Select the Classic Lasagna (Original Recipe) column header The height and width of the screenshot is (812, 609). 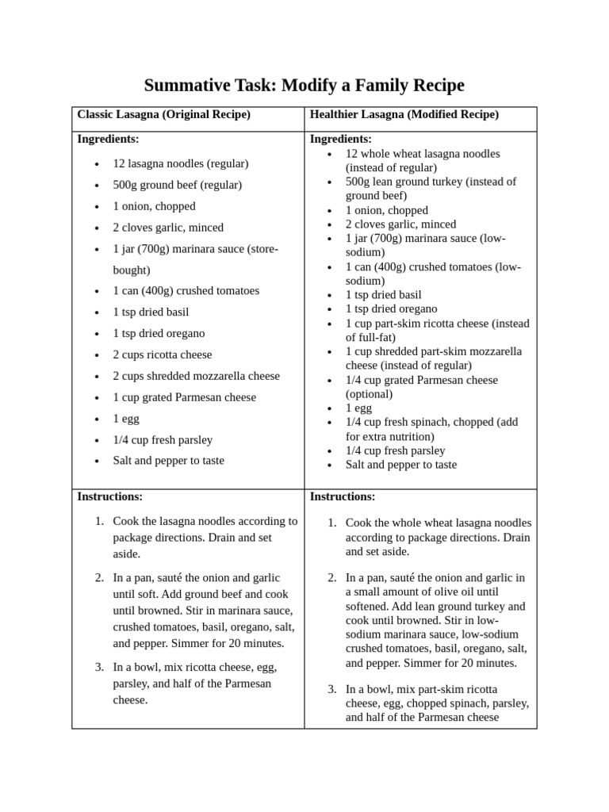163,115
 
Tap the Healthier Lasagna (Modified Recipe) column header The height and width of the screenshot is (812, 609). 404,115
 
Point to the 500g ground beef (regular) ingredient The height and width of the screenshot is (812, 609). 177,185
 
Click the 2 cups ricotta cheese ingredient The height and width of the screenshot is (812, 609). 162,354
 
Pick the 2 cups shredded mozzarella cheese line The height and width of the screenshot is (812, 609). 196,376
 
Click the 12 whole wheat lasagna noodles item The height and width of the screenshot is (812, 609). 422,154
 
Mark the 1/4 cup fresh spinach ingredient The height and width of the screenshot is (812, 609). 420,422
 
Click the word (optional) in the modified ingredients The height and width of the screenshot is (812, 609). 369,394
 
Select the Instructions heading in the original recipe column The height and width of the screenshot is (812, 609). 109,497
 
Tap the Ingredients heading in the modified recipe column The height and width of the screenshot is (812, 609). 340,139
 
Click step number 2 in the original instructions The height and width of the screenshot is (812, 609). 98,578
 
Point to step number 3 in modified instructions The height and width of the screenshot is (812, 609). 331,688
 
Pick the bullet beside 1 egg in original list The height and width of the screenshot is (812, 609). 96,419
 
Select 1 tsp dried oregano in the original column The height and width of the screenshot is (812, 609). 159,333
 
